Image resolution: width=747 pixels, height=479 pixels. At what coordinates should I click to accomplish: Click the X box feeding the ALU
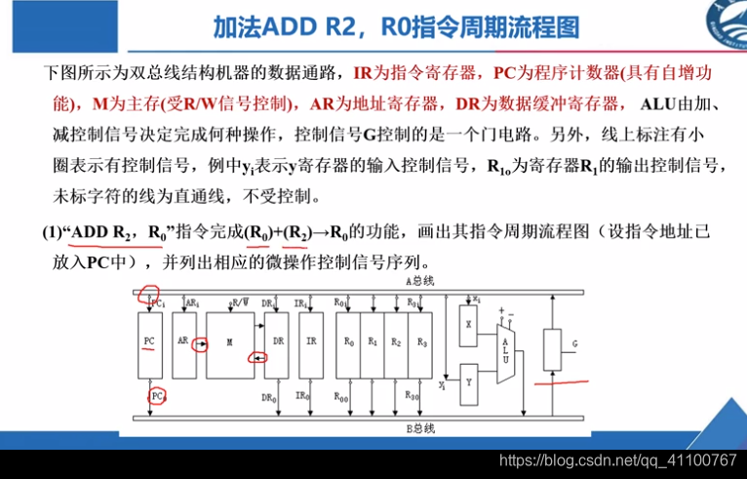(x=469, y=322)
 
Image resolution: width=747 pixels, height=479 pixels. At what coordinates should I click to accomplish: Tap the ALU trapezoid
(x=505, y=346)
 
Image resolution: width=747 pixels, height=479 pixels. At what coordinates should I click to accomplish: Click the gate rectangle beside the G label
(x=552, y=346)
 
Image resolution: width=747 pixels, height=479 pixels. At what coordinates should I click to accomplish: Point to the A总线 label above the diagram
(x=419, y=281)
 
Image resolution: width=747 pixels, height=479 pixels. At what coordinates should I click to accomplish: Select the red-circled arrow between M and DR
(x=257, y=358)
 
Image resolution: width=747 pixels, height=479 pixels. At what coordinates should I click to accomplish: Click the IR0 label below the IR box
(x=302, y=396)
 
